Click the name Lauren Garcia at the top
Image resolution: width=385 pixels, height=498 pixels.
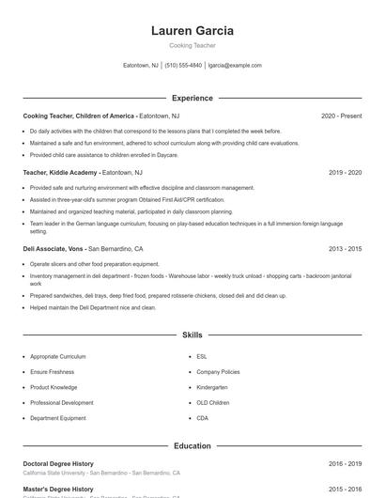pyautogui.click(x=192, y=31)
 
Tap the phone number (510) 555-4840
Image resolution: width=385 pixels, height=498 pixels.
pyautogui.click(x=183, y=66)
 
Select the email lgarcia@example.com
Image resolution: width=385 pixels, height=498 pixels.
pyautogui.click(x=235, y=66)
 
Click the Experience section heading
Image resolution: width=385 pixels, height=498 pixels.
pyautogui.click(x=192, y=98)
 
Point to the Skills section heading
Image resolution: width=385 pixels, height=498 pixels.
pyautogui.click(x=192, y=335)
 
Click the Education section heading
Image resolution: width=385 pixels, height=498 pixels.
pyautogui.click(x=192, y=446)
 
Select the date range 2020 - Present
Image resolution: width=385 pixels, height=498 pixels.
pyautogui.click(x=341, y=116)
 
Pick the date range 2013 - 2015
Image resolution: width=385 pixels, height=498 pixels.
pyautogui.click(x=345, y=249)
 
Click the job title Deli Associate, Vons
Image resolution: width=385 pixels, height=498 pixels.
pyautogui.click(x=54, y=249)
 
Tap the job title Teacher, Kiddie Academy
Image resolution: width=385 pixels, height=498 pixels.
pyautogui.click(x=60, y=173)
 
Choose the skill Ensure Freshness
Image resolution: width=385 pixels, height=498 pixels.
pyautogui.click(x=53, y=372)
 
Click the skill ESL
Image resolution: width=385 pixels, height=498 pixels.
pyautogui.click(x=202, y=357)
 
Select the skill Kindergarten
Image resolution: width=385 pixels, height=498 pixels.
pyautogui.click(x=212, y=387)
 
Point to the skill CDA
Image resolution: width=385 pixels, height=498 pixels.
pyautogui.click(x=202, y=417)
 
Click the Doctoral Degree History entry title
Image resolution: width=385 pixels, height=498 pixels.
pyautogui.click(x=58, y=464)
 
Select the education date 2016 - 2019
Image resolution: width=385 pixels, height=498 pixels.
pyautogui.click(x=345, y=464)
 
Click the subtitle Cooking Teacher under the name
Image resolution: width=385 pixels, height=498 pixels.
pyautogui.click(x=192, y=45)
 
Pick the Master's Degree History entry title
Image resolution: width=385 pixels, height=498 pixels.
pyautogui.click(x=58, y=490)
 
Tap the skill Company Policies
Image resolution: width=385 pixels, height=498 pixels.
pyautogui.click(x=218, y=372)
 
